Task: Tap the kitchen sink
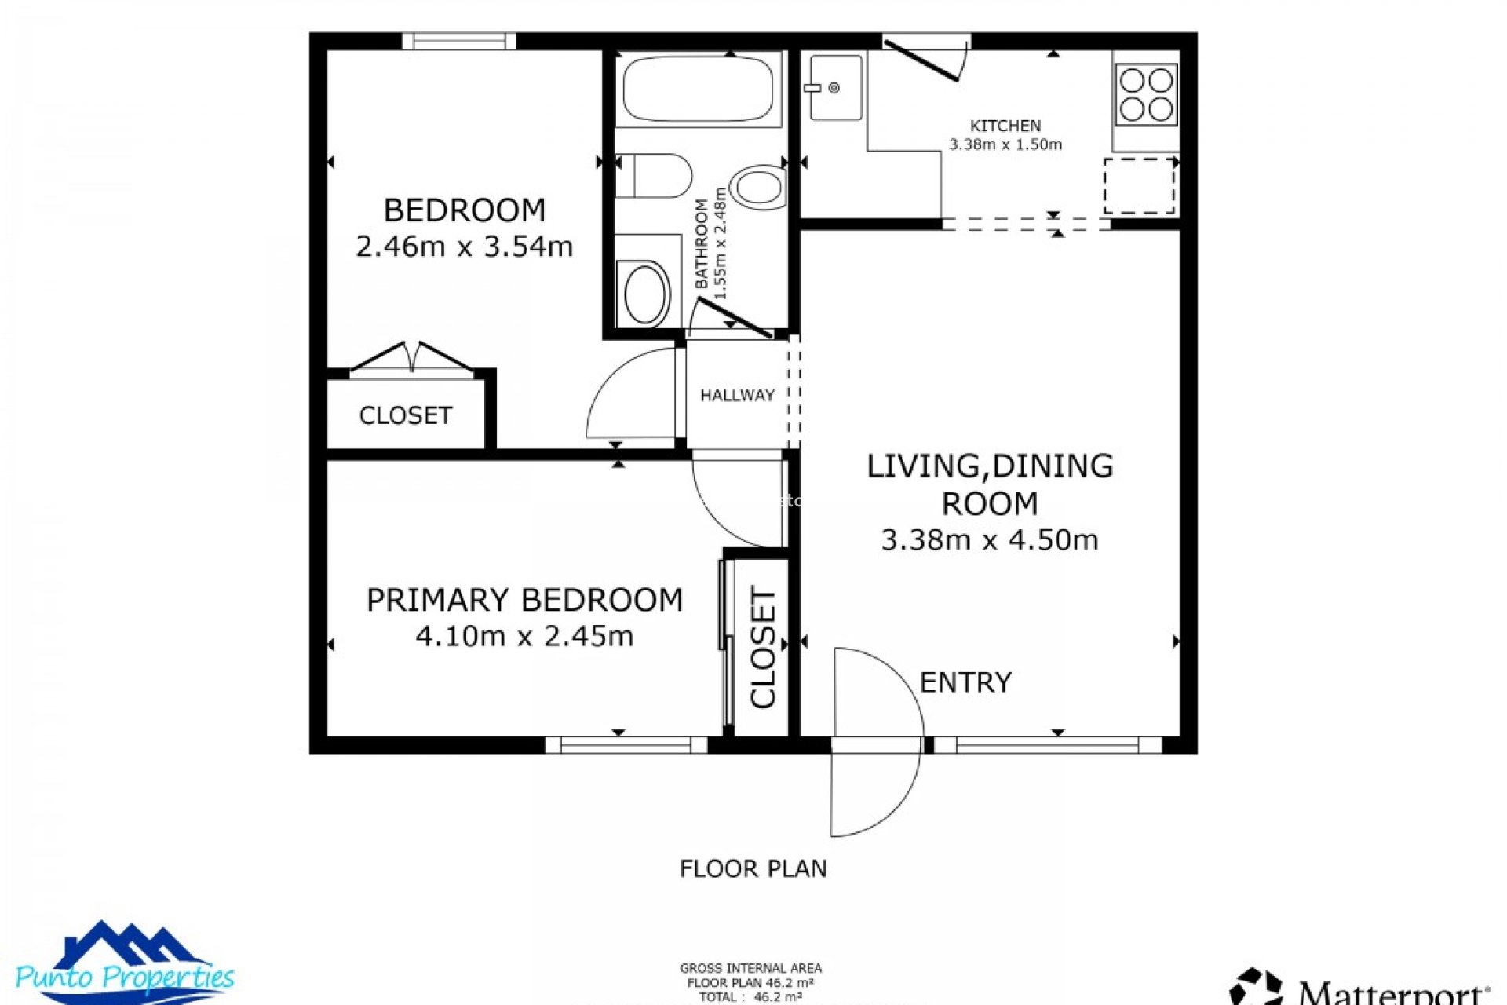(835, 87)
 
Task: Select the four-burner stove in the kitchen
(1146, 94)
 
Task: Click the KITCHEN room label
(1005, 126)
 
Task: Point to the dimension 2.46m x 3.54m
(464, 247)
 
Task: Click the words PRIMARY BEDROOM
(524, 600)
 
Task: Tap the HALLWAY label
(737, 395)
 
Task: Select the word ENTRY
(965, 682)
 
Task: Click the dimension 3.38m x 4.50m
(989, 540)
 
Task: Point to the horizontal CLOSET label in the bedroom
(405, 415)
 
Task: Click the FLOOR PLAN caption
(753, 868)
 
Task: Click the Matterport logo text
(1389, 991)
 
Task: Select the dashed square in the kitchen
(1139, 186)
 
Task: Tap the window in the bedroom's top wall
(459, 41)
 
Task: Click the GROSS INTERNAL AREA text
(750, 968)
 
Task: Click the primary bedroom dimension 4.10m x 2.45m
(524, 636)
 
